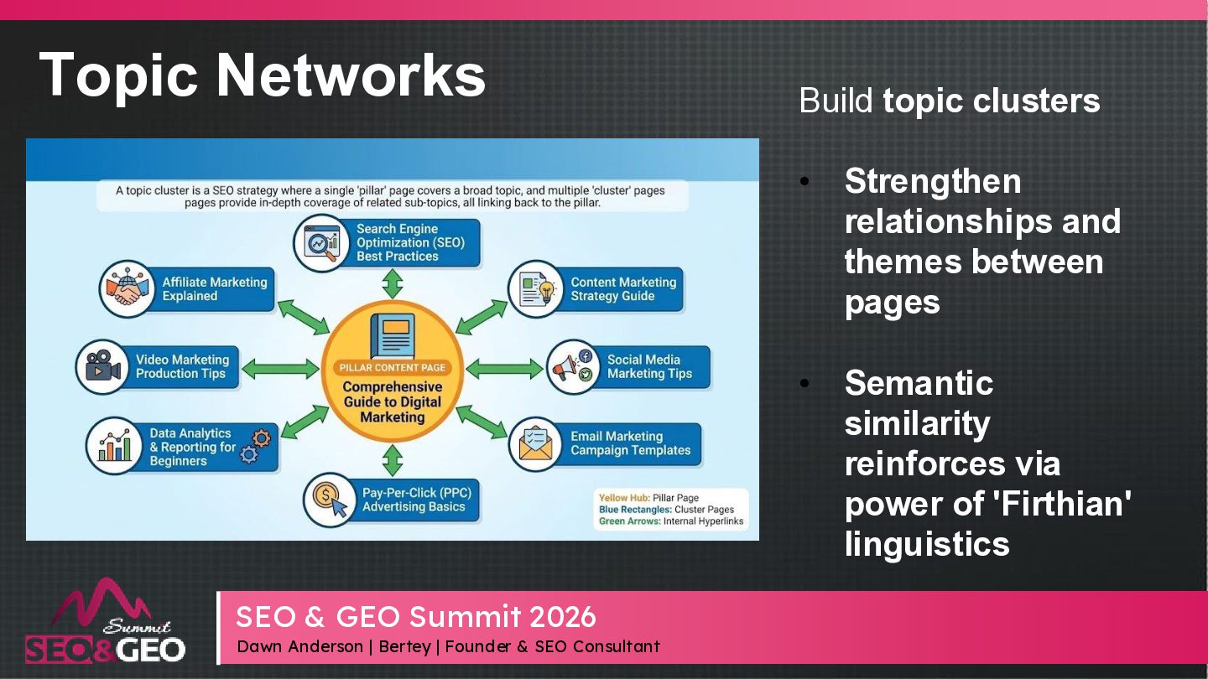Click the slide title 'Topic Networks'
tap(262, 75)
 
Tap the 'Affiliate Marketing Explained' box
tap(214, 289)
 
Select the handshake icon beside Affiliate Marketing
tap(127, 288)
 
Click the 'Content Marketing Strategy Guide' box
tap(622, 289)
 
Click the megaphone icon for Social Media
tap(573, 366)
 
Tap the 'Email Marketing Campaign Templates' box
tap(630, 443)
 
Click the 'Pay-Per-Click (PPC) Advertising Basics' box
tap(416, 500)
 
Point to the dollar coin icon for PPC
tap(330, 500)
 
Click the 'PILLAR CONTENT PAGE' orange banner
tap(393, 367)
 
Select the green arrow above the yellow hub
tap(392, 285)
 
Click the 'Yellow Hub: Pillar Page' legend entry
tap(648, 498)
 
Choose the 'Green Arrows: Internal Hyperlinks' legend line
tap(669, 521)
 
